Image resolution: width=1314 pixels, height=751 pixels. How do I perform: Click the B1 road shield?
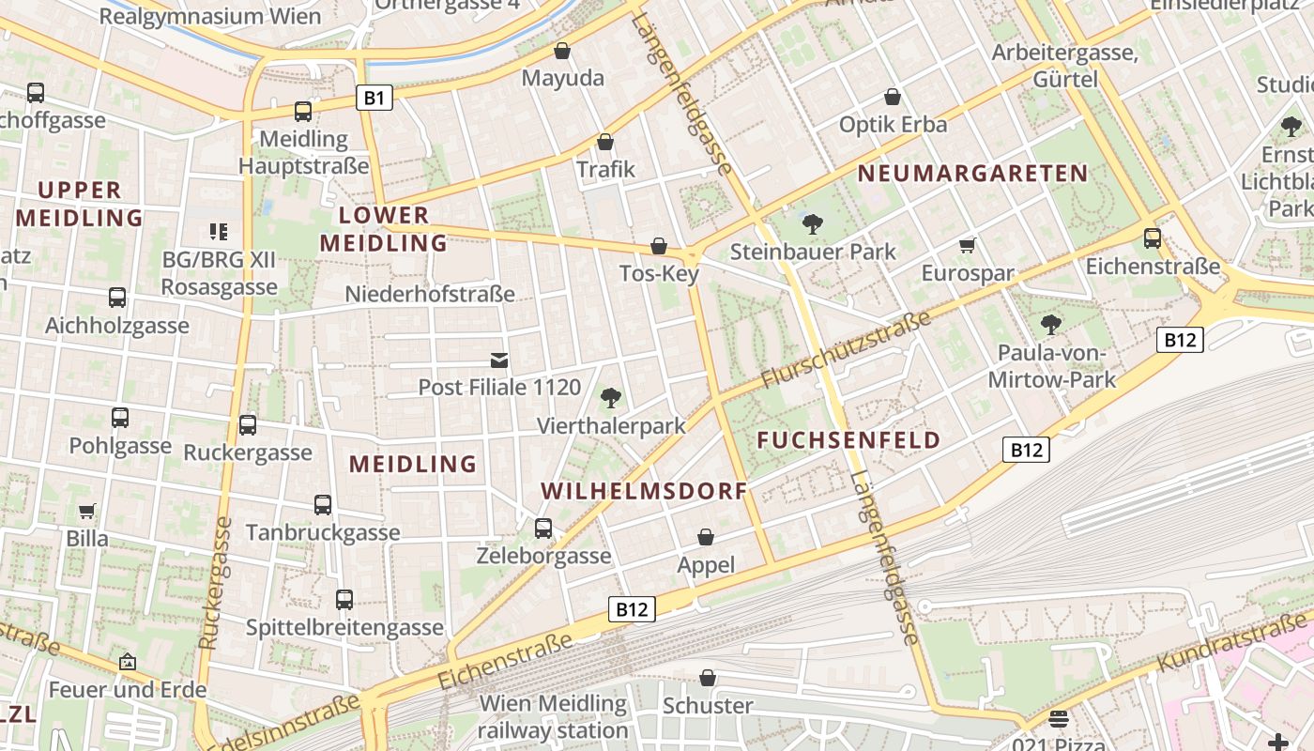click(374, 98)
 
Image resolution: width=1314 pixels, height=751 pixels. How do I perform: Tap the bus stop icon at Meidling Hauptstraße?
click(303, 112)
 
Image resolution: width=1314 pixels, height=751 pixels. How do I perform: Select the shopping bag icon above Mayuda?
click(562, 51)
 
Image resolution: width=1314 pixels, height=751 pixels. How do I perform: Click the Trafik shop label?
click(605, 170)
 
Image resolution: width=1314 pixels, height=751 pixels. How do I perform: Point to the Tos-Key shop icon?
click(659, 247)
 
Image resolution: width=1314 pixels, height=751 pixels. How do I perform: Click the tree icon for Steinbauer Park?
click(813, 224)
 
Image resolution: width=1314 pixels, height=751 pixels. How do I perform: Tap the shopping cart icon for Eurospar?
click(967, 246)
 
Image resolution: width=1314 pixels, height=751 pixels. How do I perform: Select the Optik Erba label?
click(893, 125)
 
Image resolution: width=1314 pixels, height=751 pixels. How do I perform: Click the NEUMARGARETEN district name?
click(972, 174)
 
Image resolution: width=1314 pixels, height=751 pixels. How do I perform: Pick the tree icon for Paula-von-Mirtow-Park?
click(1051, 326)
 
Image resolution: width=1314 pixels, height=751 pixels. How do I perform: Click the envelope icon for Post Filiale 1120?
click(499, 360)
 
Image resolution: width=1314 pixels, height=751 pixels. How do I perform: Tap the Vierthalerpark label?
click(611, 425)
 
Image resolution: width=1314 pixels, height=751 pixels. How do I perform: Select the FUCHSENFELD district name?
click(848, 440)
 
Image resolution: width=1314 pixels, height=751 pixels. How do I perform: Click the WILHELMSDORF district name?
click(644, 491)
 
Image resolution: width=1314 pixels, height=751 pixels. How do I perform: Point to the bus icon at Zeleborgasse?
click(543, 529)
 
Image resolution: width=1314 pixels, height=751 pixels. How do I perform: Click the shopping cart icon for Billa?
click(87, 512)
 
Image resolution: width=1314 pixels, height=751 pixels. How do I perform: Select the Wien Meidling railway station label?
click(553, 716)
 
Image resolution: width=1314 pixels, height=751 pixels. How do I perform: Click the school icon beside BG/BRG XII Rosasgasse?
click(219, 232)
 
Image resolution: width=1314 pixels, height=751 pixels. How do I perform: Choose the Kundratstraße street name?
click(1231, 640)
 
